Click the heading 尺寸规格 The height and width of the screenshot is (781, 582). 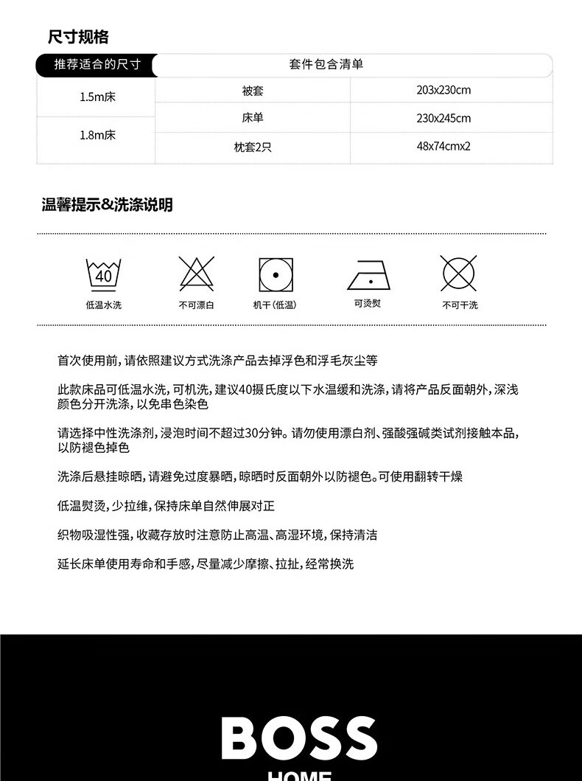(x=78, y=36)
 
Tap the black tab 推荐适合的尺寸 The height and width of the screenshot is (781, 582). (x=97, y=65)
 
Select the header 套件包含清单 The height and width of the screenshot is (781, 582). (x=326, y=65)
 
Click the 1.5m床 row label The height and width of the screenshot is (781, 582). (x=97, y=97)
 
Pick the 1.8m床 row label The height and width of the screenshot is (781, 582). (x=97, y=136)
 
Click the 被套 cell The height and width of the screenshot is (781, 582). (x=252, y=91)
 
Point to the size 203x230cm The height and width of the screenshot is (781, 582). (x=443, y=91)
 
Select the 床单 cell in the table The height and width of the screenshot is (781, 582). (x=252, y=118)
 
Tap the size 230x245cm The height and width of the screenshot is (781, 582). (x=443, y=118)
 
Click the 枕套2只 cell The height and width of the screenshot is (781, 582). (x=252, y=147)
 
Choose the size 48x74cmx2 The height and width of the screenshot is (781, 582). (x=443, y=146)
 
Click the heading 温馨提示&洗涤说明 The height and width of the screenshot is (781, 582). (x=107, y=205)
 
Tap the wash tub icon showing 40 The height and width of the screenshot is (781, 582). (x=103, y=274)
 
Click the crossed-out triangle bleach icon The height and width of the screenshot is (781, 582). (x=196, y=274)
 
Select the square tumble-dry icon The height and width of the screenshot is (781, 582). (x=276, y=274)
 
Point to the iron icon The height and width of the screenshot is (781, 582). (x=368, y=275)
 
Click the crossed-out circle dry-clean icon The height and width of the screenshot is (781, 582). (x=458, y=274)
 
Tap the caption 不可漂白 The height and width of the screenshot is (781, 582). (x=196, y=305)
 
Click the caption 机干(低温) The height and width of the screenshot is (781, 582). (x=275, y=305)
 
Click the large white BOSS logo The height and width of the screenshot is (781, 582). (x=299, y=739)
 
